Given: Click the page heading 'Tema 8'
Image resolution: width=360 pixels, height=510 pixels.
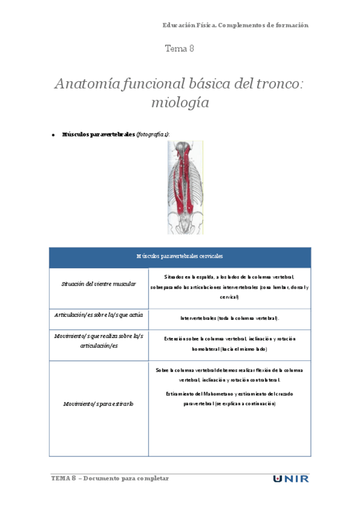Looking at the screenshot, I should click(179, 49).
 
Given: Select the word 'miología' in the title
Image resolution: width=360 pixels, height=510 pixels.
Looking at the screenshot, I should click(180, 102).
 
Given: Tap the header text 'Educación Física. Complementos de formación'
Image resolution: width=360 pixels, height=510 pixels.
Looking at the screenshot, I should click(235, 25).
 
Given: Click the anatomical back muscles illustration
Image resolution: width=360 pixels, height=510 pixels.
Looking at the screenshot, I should click(185, 187).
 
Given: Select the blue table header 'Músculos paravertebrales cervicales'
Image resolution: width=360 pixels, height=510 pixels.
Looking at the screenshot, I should click(180, 256).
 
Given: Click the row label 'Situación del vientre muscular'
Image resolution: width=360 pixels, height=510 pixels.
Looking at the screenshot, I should click(99, 284).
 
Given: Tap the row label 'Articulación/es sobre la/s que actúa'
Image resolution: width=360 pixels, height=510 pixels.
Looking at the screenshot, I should click(99, 315).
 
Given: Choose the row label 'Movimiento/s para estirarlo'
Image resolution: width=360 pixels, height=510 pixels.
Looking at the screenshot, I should click(99, 404).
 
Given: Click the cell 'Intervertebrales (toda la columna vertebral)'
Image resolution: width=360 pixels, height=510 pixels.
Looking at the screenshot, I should click(230, 318).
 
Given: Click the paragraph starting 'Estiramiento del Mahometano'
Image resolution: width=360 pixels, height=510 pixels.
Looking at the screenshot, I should click(230, 398).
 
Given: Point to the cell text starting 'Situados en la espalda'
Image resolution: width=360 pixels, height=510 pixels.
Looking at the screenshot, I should click(230, 286).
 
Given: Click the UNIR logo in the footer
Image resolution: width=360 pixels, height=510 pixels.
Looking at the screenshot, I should click(291, 479).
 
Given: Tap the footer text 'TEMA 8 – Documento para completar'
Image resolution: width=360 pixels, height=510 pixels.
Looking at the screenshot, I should click(111, 478).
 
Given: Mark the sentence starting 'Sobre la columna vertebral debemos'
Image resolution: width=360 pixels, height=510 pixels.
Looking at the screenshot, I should click(230, 375).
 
